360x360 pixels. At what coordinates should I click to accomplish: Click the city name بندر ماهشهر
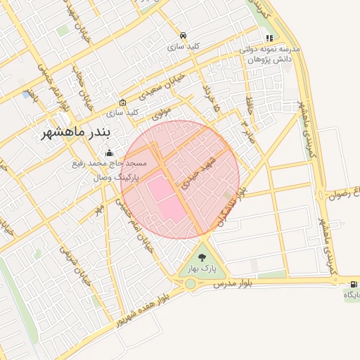(x=77, y=132)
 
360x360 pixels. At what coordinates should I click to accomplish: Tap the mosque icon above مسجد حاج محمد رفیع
(x=109, y=153)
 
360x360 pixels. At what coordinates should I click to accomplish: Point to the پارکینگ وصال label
(x=116, y=177)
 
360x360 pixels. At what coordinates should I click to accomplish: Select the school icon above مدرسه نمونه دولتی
(x=269, y=39)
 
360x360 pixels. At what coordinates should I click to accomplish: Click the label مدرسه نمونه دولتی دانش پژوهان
(x=271, y=55)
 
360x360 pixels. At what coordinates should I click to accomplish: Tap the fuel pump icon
(x=352, y=283)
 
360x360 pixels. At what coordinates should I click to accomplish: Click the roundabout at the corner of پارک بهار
(x=190, y=284)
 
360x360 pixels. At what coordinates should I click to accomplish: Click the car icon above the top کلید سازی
(x=183, y=35)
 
